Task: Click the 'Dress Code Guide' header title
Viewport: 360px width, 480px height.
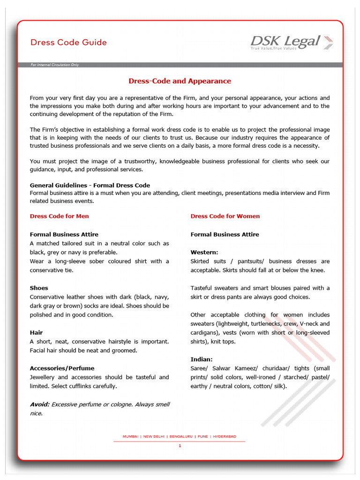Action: click(x=68, y=43)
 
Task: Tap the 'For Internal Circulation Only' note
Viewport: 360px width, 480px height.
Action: click(x=55, y=65)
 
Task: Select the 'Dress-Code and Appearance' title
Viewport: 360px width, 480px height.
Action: click(x=180, y=81)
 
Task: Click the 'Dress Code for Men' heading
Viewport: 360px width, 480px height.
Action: click(x=59, y=216)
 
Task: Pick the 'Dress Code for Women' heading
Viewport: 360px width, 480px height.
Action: click(x=225, y=216)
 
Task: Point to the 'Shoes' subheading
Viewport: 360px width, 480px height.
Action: click(x=39, y=288)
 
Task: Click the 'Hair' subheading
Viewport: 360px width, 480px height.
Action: click(x=36, y=332)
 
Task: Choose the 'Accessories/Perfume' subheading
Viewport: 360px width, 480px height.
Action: click(x=61, y=368)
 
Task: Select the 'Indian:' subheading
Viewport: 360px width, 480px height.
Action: click(x=202, y=359)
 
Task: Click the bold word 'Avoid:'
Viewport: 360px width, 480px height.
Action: click(x=39, y=404)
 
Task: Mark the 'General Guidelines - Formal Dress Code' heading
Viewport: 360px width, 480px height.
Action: click(x=90, y=185)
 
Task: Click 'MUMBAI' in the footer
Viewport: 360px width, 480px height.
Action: click(x=130, y=436)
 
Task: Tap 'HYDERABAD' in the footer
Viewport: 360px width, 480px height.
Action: click(x=225, y=436)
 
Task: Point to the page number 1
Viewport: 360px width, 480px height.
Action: click(x=180, y=446)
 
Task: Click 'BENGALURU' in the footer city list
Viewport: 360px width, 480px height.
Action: click(x=181, y=436)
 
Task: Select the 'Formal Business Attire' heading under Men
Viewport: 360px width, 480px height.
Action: click(x=64, y=234)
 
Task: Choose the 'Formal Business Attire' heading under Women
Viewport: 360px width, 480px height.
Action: click(x=225, y=234)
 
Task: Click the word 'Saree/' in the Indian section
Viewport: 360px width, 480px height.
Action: click(x=199, y=368)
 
